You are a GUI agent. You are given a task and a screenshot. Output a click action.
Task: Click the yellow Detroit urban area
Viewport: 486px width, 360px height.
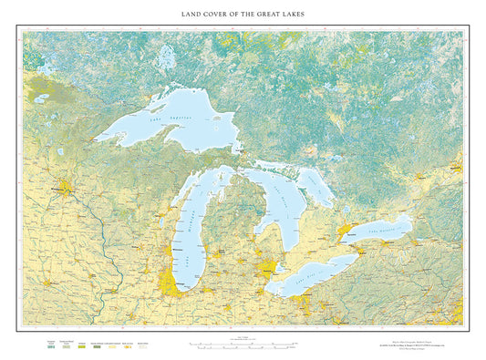coord(267,270)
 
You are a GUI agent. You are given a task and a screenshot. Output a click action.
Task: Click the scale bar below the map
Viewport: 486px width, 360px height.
coord(242,345)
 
